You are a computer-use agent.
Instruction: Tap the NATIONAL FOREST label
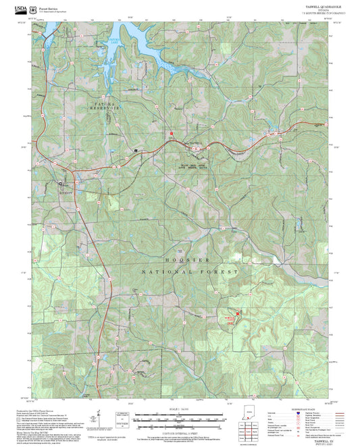[x=190, y=271]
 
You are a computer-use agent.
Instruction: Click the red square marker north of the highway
[x=172, y=133]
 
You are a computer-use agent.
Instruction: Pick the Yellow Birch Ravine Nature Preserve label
[x=195, y=165]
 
